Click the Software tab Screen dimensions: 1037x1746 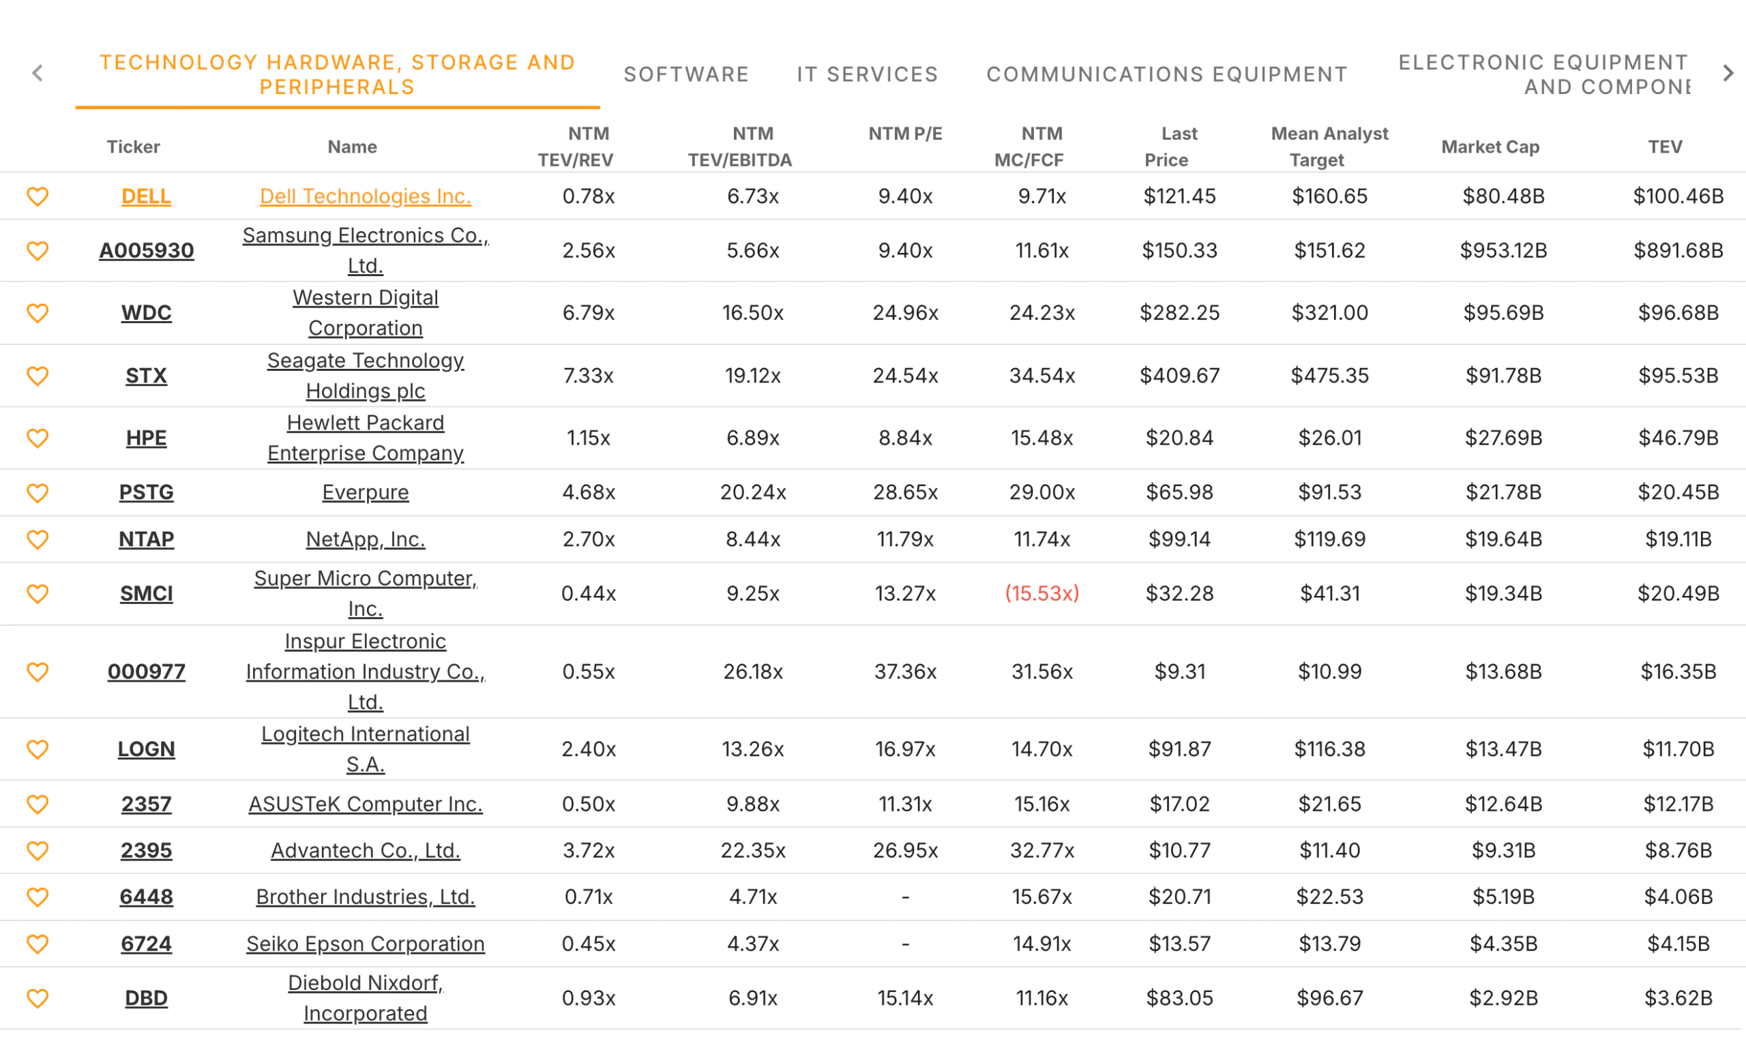[685, 74]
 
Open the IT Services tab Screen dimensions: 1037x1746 [867, 74]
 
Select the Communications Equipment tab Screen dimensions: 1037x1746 [1166, 74]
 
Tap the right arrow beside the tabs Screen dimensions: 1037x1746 [1727, 74]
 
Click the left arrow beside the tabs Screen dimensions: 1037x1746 [38, 74]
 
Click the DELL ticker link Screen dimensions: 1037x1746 [146, 196]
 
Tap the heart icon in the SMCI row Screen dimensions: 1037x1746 [38, 593]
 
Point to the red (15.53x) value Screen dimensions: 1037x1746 [1041, 593]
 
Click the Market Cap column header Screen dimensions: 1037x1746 [1490, 147]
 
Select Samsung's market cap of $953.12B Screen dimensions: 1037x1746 [1503, 250]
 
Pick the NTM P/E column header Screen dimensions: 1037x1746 [905, 134]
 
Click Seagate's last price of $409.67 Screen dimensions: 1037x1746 [1179, 375]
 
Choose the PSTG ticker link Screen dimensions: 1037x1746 [146, 492]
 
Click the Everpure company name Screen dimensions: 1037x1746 [365, 492]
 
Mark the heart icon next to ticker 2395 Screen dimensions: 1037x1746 [38, 850]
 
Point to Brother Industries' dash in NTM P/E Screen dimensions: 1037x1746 [905, 897]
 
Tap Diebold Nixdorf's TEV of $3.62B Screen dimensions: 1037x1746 [1678, 998]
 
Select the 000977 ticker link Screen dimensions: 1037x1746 [146, 672]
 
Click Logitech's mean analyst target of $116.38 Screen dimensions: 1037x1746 [1329, 749]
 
